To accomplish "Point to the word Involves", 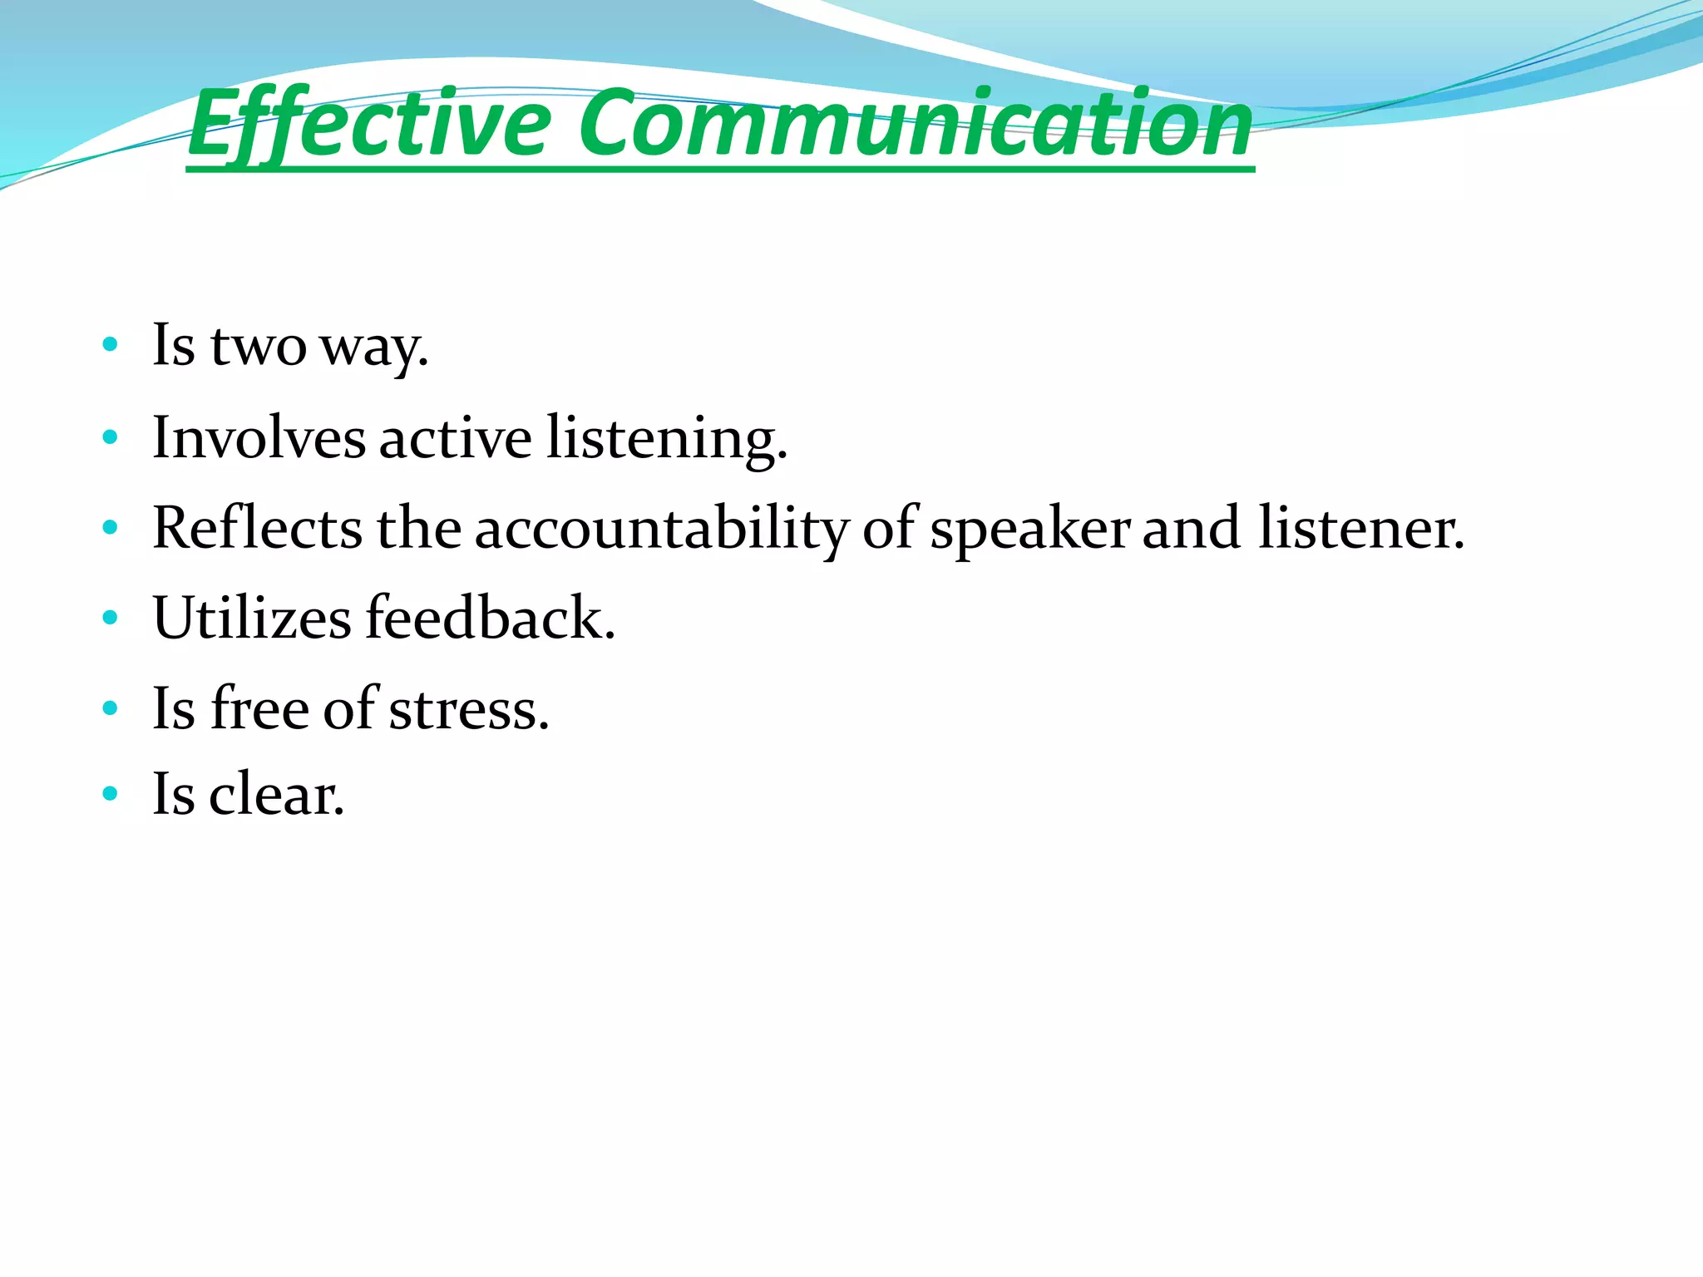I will coord(259,438).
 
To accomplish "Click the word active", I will coord(455,438).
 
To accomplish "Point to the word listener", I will coord(1360,529).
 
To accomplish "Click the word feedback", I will coord(490,618).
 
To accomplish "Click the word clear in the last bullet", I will coord(275,795).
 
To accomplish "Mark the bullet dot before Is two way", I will coord(110,344).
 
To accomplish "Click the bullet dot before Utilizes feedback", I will coord(110,618).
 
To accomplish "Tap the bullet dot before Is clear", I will coord(110,794).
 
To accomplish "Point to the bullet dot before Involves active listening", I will coord(110,436).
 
